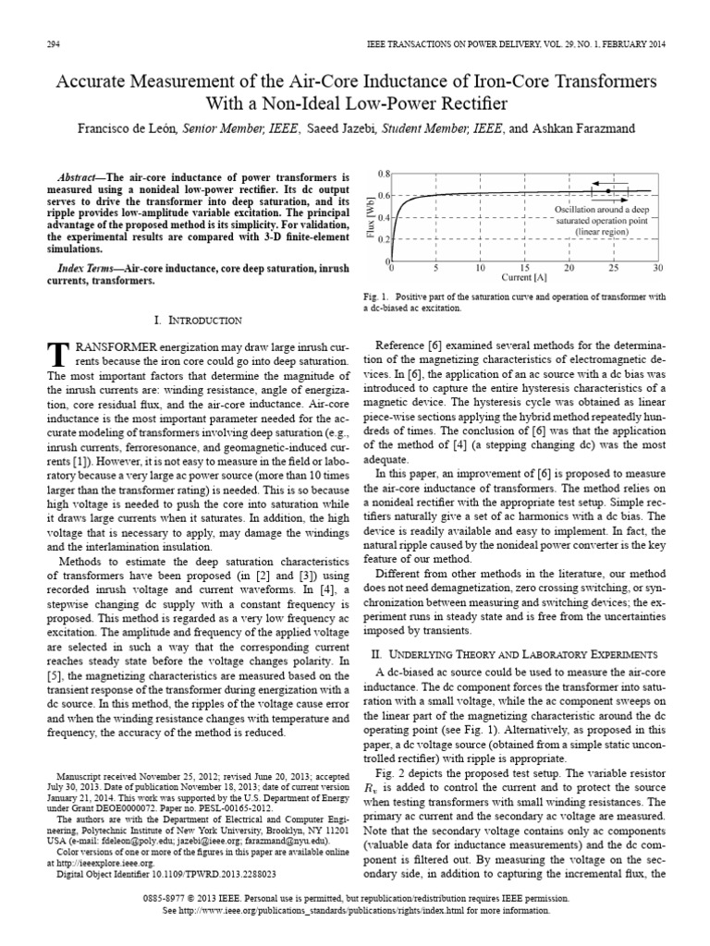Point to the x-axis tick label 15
(x=524, y=269)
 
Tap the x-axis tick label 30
(x=656, y=269)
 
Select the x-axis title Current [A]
(x=522, y=278)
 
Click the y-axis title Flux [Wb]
(x=370, y=218)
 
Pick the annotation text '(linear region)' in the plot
(x=603, y=233)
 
